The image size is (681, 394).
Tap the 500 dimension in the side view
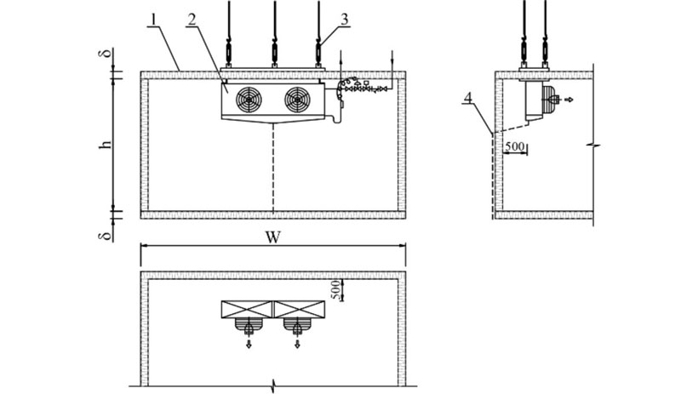click(514, 146)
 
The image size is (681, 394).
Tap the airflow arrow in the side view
click(569, 100)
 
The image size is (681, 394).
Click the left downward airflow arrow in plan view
click(249, 345)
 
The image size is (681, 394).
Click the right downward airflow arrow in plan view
click(297, 345)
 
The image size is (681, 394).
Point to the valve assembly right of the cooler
click(362, 87)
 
